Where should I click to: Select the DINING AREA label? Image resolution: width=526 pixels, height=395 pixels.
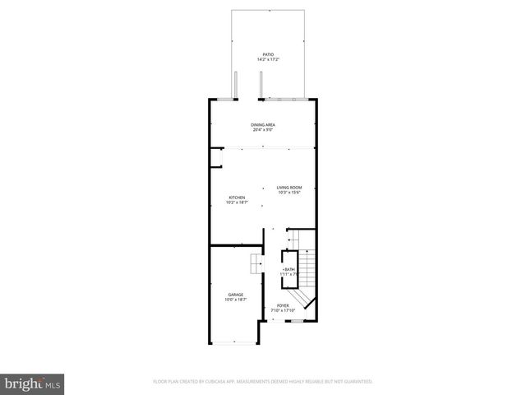(x=263, y=124)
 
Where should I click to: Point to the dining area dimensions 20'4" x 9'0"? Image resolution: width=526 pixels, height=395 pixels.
(x=263, y=129)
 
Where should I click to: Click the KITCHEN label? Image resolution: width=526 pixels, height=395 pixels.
(x=237, y=197)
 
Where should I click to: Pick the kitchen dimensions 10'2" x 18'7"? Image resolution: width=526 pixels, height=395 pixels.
(x=237, y=202)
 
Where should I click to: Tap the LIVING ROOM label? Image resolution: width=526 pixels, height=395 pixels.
(x=289, y=188)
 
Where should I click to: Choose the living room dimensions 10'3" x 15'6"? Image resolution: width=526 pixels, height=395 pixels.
(x=289, y=193)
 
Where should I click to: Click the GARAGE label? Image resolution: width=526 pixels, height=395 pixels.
(x=236, y=295)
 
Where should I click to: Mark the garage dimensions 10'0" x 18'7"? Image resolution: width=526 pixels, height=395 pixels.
(x=236, y=300)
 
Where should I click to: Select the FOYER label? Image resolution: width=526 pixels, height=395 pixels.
(x=283, y=305)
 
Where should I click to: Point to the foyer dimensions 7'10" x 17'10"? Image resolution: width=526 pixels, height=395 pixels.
(x=283, y=310)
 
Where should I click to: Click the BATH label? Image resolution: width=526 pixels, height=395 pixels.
(x=289, y=269)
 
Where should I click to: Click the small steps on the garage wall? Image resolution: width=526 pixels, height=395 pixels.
(x=256, y=263)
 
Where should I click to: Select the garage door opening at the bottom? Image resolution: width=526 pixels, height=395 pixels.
(x=233, y=342)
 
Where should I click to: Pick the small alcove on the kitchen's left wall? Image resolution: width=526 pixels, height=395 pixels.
(x=217, y=157)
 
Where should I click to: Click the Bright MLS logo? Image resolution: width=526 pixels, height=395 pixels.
(x=33, y=383)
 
